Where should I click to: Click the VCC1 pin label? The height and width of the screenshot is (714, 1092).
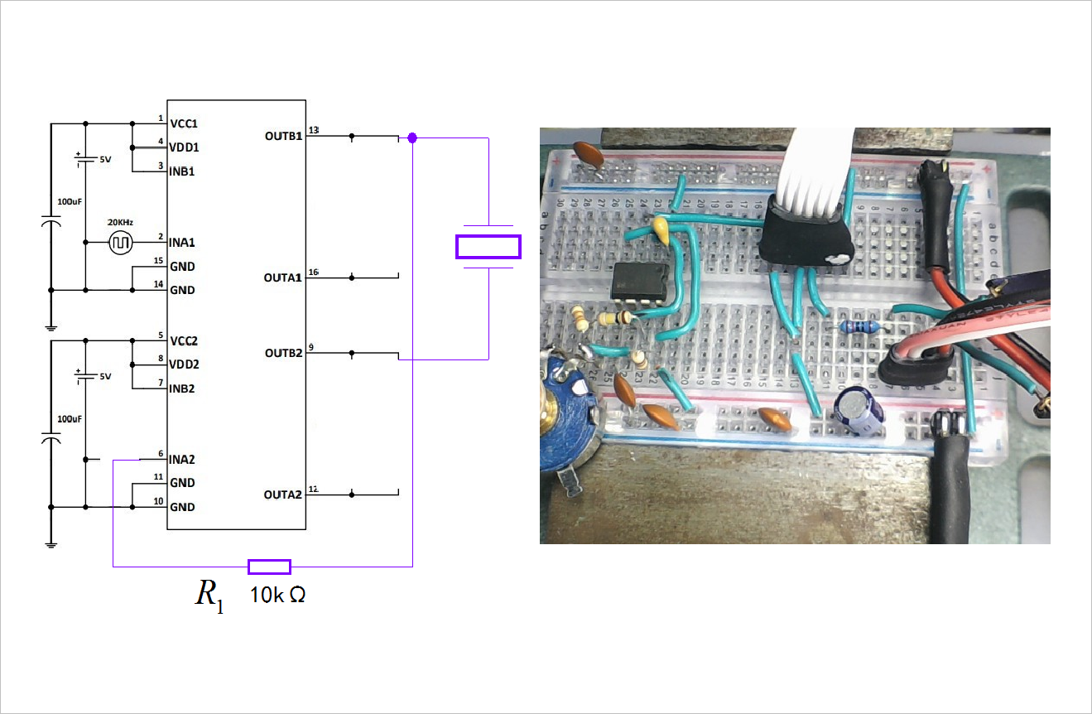pos(184,123)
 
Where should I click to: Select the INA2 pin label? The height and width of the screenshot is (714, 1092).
pos(183,459)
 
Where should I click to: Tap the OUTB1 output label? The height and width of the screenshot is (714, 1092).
pos(283,135)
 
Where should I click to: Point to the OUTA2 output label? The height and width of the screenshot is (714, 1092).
pos(283,494)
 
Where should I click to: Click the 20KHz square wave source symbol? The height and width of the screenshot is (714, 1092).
pos(121,243)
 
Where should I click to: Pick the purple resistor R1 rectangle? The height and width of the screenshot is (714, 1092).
pos(269,567)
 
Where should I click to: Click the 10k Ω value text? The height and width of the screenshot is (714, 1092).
pos(278,595)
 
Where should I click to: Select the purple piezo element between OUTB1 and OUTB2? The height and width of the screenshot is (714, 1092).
pos(488,247)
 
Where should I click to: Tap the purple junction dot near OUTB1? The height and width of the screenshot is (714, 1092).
pos(412,137)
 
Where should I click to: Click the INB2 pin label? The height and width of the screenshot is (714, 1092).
pos(182,388)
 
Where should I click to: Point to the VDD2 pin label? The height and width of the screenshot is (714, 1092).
pos(184,364)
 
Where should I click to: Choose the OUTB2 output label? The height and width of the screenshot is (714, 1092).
pos(283,352)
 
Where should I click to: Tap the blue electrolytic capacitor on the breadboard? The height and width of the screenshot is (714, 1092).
pos(854,412)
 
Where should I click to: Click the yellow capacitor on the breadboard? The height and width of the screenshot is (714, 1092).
pos(662,229)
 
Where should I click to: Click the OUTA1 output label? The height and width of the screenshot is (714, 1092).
pos(283,277)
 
